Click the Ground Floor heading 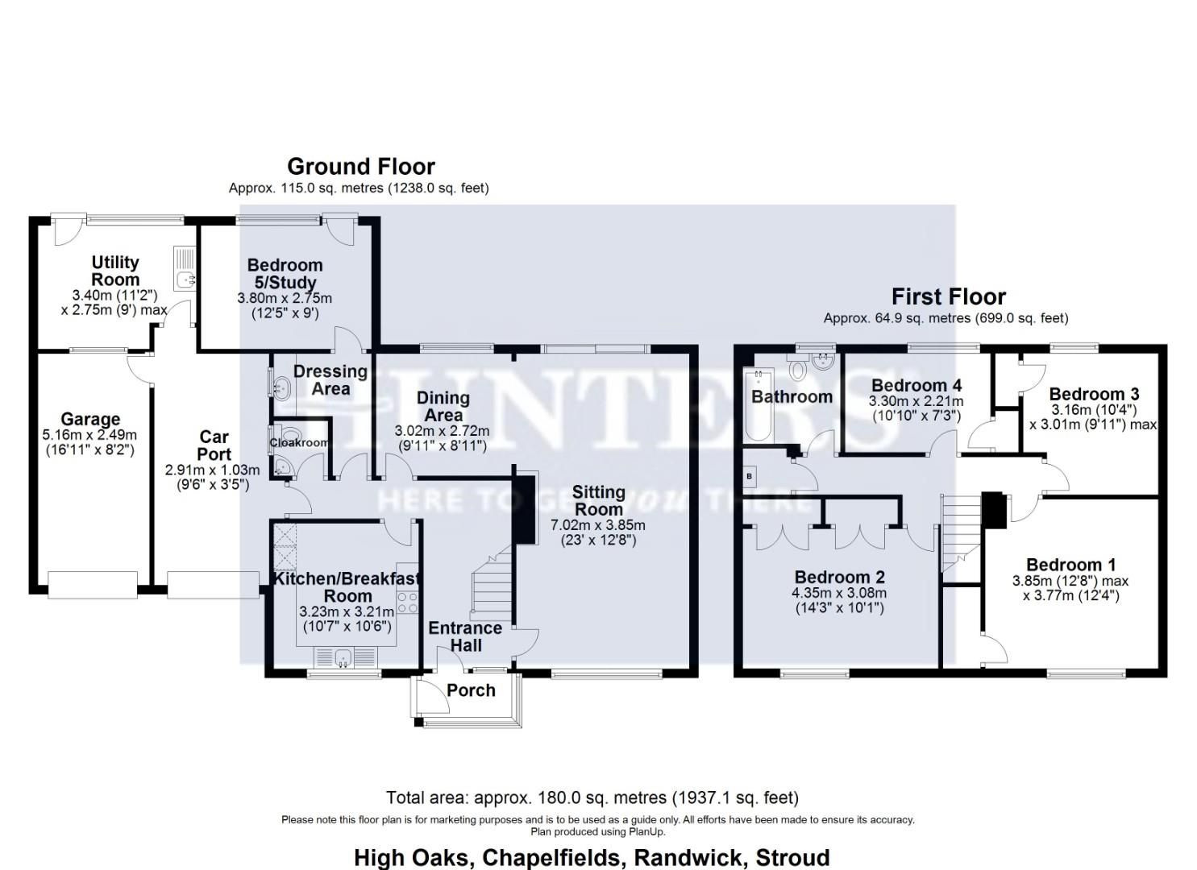[360, 167]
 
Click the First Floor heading [948, 296]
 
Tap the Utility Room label [115, 271]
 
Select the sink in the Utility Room [185, 269]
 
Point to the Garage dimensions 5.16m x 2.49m [89, 436]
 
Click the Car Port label [214, 445]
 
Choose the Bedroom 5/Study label [285, 274]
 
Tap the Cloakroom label [299, 442]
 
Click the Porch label [471, 690]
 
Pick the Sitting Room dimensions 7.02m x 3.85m [598, 525]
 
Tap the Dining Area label [443, 407]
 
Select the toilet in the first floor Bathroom [798, 369]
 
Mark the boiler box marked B [749, 476]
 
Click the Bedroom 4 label [916, 385]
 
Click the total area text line [592, 797]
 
